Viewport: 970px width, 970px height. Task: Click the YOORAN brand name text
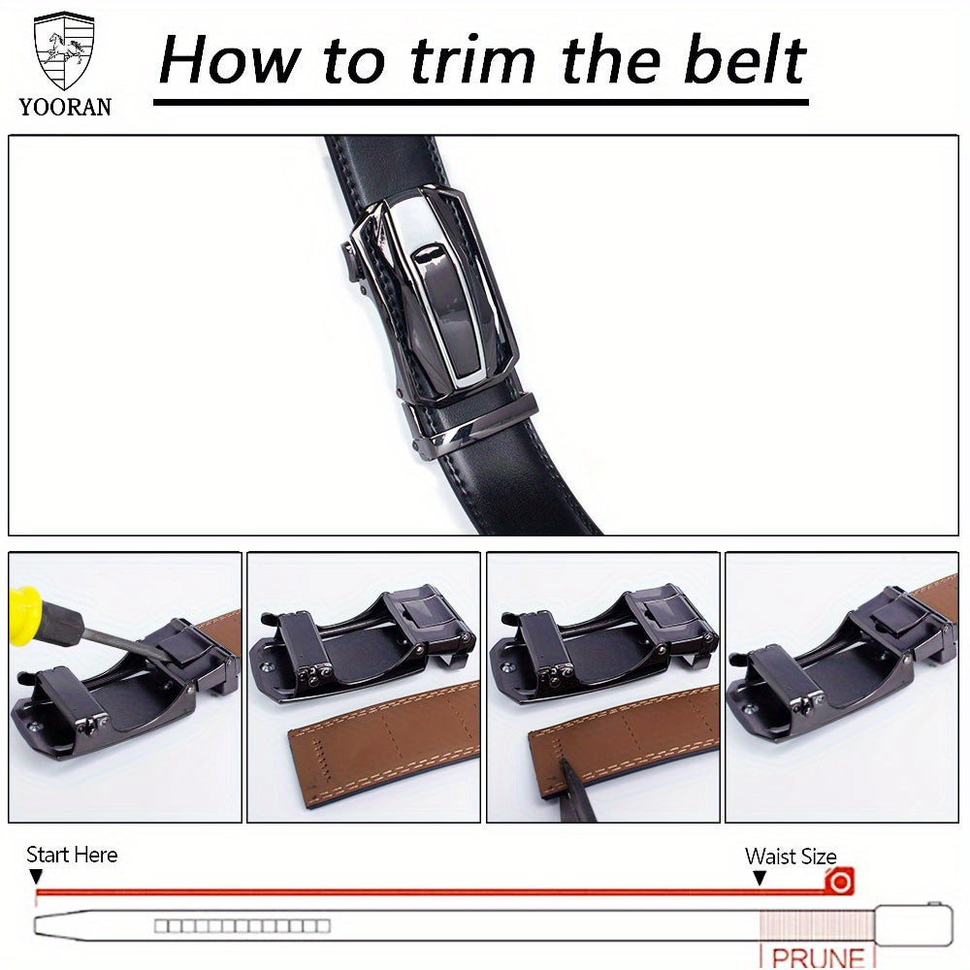[65, 107]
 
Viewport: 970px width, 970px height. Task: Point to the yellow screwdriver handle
[24, 610]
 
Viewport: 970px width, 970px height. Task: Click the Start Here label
[71, 855]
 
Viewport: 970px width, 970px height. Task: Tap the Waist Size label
[790, 856]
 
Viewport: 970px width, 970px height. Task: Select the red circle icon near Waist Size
[839, 882]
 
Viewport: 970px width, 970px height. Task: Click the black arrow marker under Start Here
[37, 877]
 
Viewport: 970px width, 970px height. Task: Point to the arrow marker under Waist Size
[760, 878]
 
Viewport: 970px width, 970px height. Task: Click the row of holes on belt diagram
[242, 925]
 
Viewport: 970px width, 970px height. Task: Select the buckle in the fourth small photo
[834, 660]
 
